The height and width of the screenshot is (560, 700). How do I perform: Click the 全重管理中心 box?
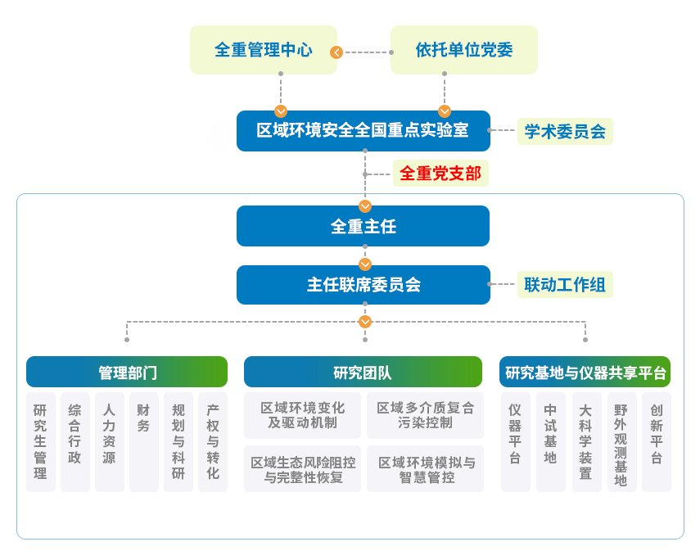(264, 50)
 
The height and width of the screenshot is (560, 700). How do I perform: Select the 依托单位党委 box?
(463, 50)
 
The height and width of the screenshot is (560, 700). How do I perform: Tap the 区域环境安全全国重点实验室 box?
(363, 131)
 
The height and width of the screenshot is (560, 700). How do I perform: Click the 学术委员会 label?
(565, 131)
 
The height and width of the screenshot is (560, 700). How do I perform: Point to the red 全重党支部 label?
(440, 174)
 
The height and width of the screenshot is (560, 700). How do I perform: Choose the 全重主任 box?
(363, 226)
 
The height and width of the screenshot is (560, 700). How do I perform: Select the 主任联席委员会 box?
(363, 285)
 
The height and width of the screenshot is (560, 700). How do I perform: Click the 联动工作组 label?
(565, 285)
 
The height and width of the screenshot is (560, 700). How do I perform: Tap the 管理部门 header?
(127, 372)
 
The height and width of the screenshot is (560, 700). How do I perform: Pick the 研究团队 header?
(363, 372)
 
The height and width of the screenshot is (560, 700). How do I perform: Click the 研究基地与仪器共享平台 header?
(585, 372)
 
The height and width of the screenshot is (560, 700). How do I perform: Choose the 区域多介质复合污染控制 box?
(425, 415)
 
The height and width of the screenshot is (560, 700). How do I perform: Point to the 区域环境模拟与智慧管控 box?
(425, 469)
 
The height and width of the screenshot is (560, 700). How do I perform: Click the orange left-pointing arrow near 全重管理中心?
(336, 52)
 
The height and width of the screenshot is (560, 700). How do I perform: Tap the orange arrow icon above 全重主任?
(365, 205)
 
